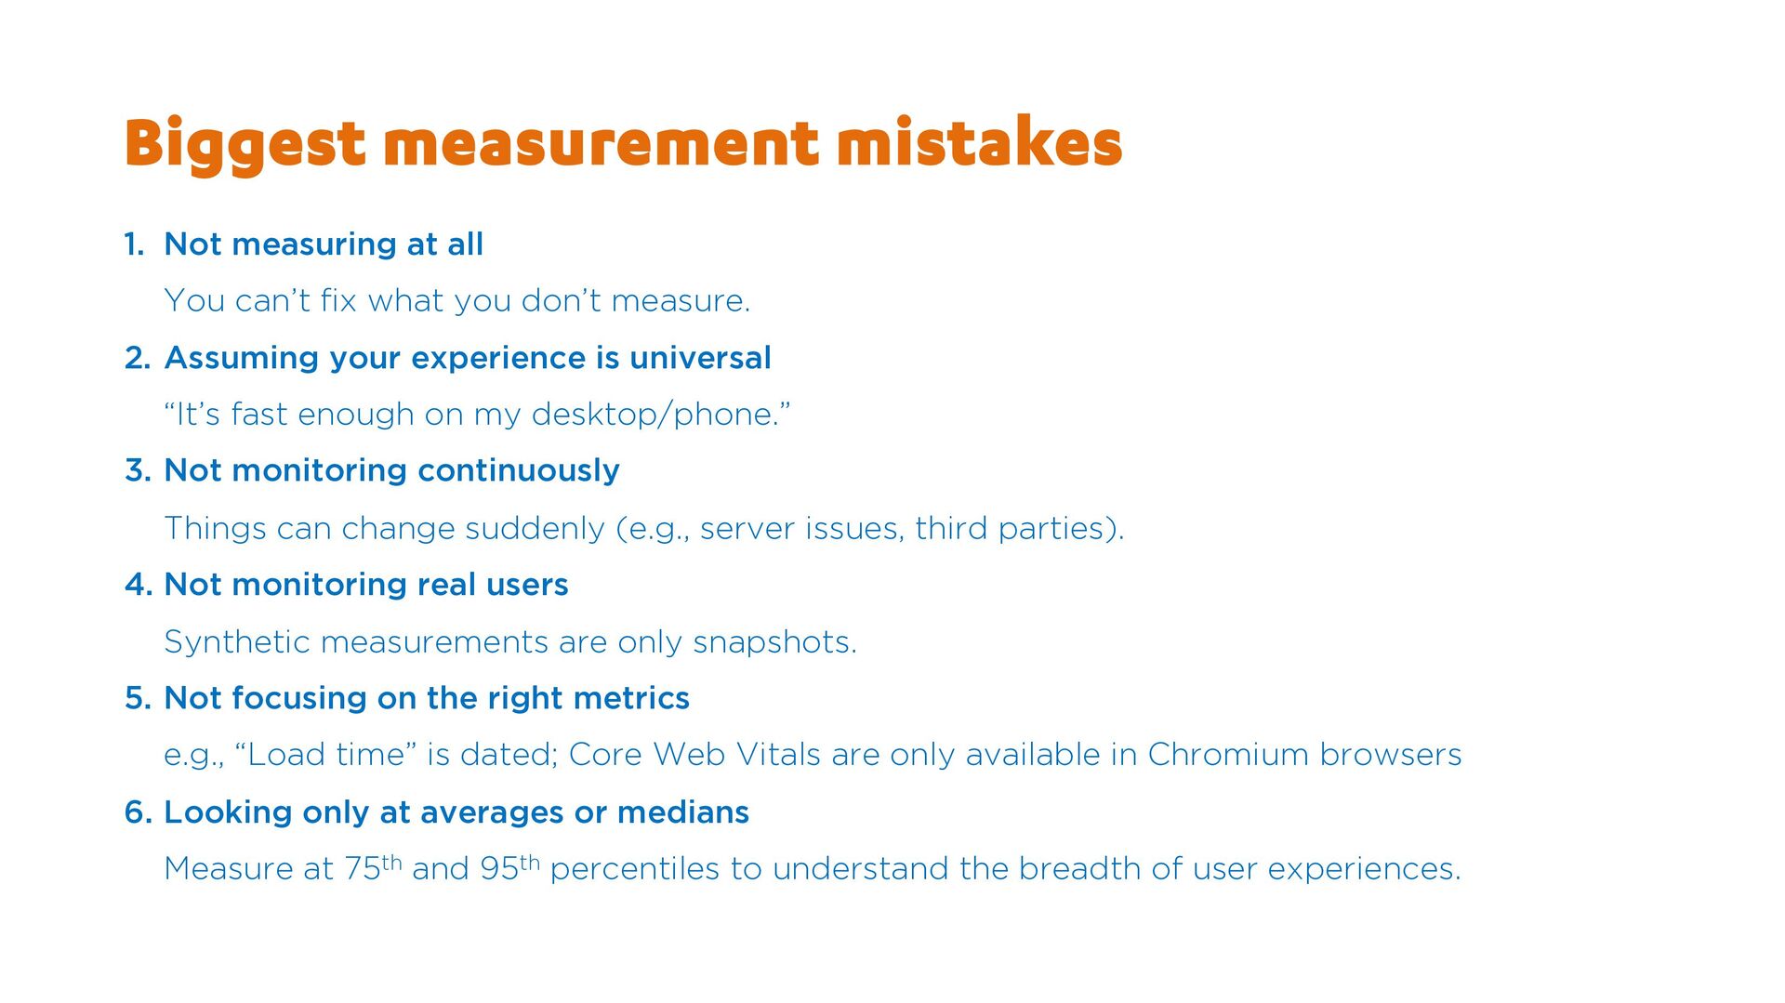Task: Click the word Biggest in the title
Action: [245, 145]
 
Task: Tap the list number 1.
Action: [134, 244]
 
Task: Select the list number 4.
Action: [138, 585]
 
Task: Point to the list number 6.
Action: [138, 812]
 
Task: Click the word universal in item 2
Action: [700, 358]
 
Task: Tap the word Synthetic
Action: [237, 643]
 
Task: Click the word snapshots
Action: [774, 643]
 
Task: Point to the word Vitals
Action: [778, 755]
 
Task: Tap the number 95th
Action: [509, 866]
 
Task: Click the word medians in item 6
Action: [683, 812]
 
